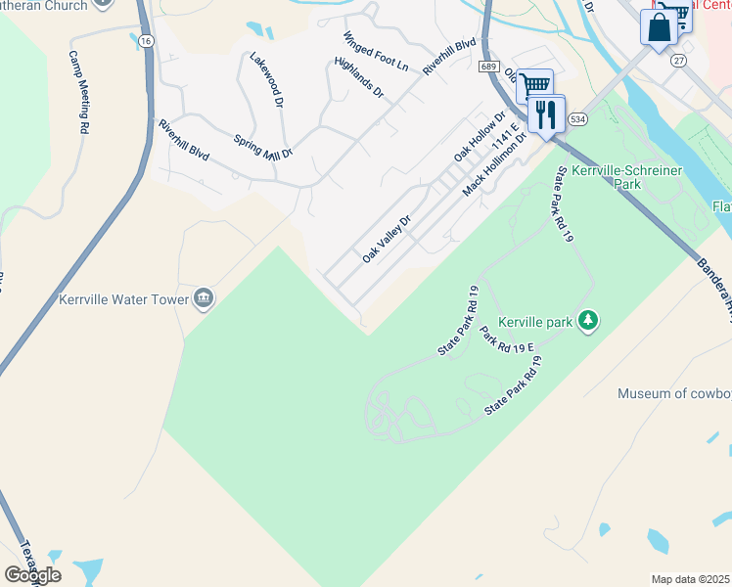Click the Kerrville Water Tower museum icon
[204, 297]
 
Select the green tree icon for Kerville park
[588, 320]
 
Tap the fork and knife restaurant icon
[545, 113]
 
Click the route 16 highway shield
[146, 40]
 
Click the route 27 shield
[678, 60]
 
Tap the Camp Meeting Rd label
[79, 93]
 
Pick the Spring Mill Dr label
[263, 148]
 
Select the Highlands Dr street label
[358, 77]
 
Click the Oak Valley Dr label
[386, 240]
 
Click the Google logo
[32, 574]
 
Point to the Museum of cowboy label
[674, 393]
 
